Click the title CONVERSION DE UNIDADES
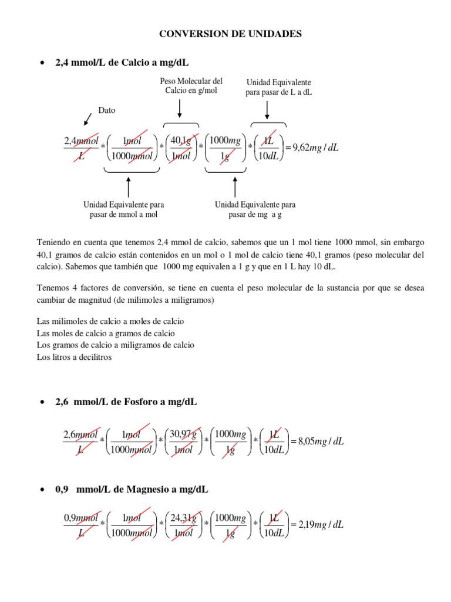231,34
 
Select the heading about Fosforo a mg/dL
126,402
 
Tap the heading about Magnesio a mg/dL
131,489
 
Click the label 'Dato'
107,110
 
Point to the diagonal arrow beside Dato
87,119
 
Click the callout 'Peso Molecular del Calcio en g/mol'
191,86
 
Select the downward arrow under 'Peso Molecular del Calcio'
180,109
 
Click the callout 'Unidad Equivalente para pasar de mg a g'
255,209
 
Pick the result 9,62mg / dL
315,148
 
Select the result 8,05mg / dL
317,442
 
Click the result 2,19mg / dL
317,524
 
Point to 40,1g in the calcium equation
180,139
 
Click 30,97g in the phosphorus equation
183,434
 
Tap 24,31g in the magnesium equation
183,517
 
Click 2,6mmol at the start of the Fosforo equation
80,434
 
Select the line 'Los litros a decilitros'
74,357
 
